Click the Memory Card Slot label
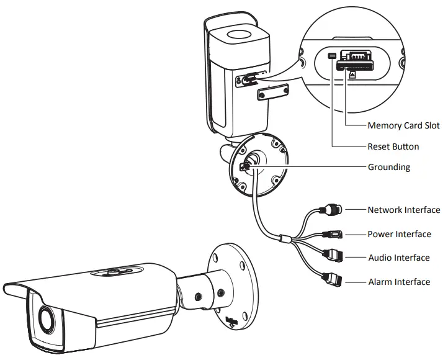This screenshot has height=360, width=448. (403, 125)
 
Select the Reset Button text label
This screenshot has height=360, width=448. (393, 147)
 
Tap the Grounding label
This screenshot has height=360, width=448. (388, 167)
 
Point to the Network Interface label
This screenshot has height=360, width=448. (403, 210)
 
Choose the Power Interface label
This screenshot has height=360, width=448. (399, 234)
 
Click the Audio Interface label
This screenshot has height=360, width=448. (398, 258)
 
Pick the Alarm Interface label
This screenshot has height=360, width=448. (398, 282)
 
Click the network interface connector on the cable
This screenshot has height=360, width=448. (333, 210)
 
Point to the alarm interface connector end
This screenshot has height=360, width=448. (334, 281)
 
